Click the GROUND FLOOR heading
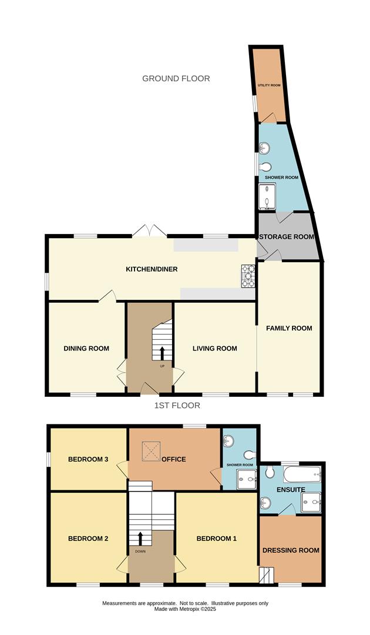pyautogui.click(x=176, y=78)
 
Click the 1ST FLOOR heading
pyautogui.click(x=177, y=406)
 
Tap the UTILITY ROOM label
pyautogui.click(x=269, y=85)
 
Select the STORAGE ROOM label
pyautogui.click(x=287, y=237)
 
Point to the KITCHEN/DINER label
pyautogui.click(x=152, y=269)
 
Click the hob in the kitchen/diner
pyautogui.click(x=248, y=276)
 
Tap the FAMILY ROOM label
pyautogui.click(x=289, y=328)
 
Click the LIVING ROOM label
pyautogui.click(x=215, y=349)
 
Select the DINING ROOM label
pyautogui.click(x=86, y=349)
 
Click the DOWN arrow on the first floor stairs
pyautogui.click(x=140, y=538)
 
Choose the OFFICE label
pyautogui.click(x=174, y=459)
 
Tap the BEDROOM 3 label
pyautogui.click(x=88, y=459)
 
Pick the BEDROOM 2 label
pyautogui.click(x=88, y=539)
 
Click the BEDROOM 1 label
pyautogui.click(x=216, y=539)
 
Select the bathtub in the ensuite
pyautogui.click(x=302, y=474)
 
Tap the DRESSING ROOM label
pyautogui.click(x=291, y=550)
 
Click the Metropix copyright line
pyautogui.click(x=185, y=609)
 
